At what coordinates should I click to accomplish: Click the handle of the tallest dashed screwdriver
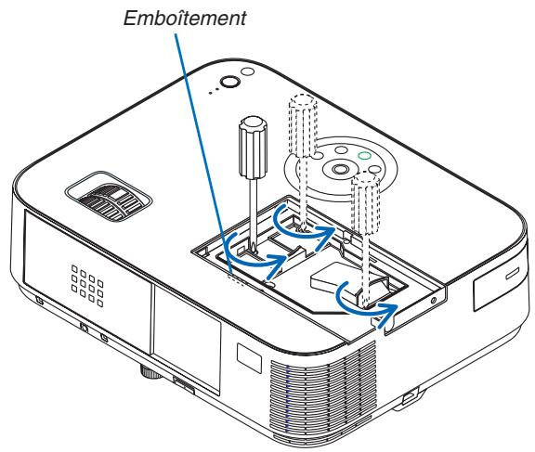point(302,121)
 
